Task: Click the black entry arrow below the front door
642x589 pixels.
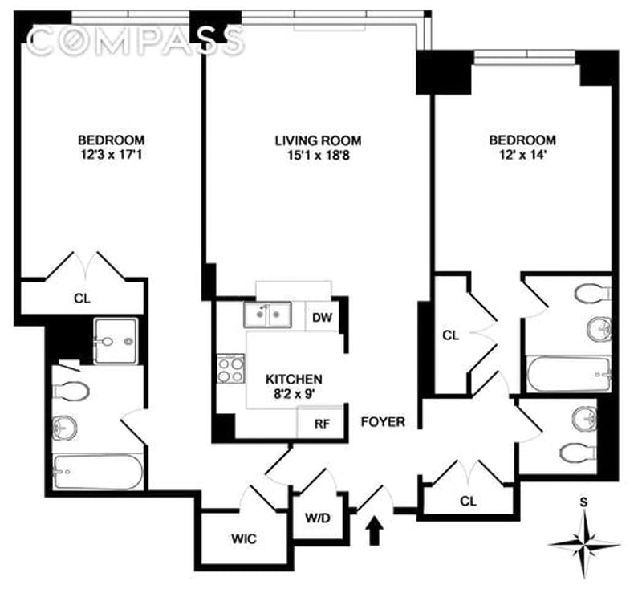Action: point(375,530)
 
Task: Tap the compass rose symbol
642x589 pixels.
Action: point(584,544)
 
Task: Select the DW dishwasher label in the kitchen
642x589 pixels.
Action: point(323,317)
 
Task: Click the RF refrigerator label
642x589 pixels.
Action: point(323,424)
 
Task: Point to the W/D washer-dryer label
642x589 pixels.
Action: point(317,518)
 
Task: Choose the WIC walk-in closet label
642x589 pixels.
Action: point(244,538)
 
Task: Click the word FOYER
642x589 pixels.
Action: point(383,422)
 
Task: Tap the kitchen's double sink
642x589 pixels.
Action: point(268,315)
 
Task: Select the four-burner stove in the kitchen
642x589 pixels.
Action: point(230,369)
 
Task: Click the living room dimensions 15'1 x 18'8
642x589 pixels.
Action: point(318,156)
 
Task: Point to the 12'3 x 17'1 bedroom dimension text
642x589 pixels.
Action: point(112,155)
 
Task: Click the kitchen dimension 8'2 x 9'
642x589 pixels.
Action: point(294,394)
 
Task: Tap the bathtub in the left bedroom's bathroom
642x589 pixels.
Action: point(98,472)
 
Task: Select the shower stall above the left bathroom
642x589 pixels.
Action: point(115,341)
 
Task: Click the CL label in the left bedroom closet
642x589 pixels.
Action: point(82,299)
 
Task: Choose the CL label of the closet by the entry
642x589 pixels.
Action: point(469,501)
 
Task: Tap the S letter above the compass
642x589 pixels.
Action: point(584,502)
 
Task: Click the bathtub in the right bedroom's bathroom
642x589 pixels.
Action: point(569,375)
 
